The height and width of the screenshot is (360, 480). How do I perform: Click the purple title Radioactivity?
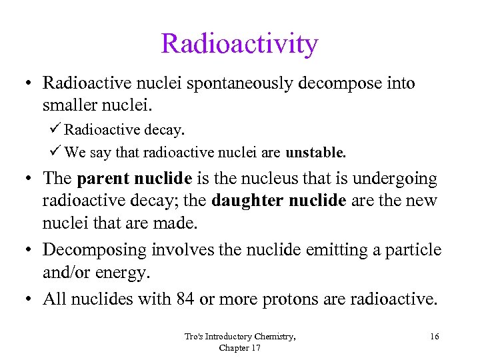[239, 44]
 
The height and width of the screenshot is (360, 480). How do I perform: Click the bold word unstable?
[315, 153]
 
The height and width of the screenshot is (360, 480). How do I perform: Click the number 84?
[186, 299]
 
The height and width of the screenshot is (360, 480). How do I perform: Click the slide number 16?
[434, 337]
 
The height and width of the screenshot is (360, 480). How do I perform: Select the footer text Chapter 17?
[239, 347]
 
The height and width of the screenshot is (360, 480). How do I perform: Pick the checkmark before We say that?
[55, 153]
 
